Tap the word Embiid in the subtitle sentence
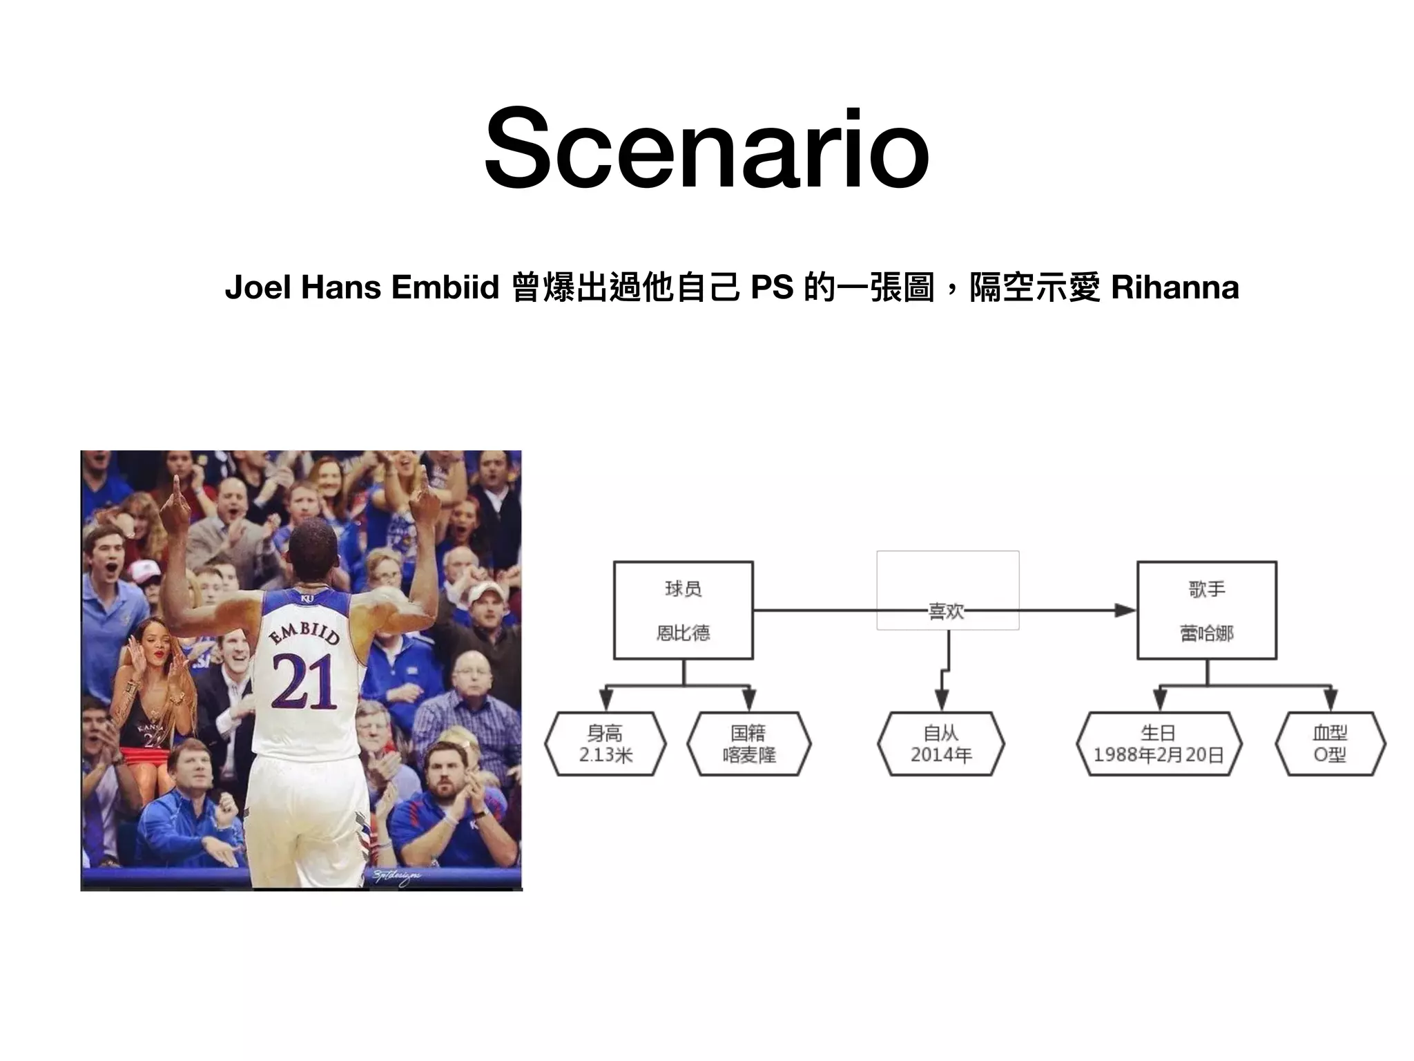445,287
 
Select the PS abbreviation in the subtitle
771,287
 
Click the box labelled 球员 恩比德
683,610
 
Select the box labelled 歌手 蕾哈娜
1206,610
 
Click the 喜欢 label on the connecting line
946,611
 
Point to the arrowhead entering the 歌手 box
1125,610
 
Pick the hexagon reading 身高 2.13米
606,744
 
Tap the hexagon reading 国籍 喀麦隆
749,744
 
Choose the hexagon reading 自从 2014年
941,744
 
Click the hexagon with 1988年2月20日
1159,744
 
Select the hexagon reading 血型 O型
1330,744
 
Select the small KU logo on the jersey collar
307,598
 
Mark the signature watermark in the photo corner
397,877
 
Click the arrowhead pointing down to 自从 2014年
941,701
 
